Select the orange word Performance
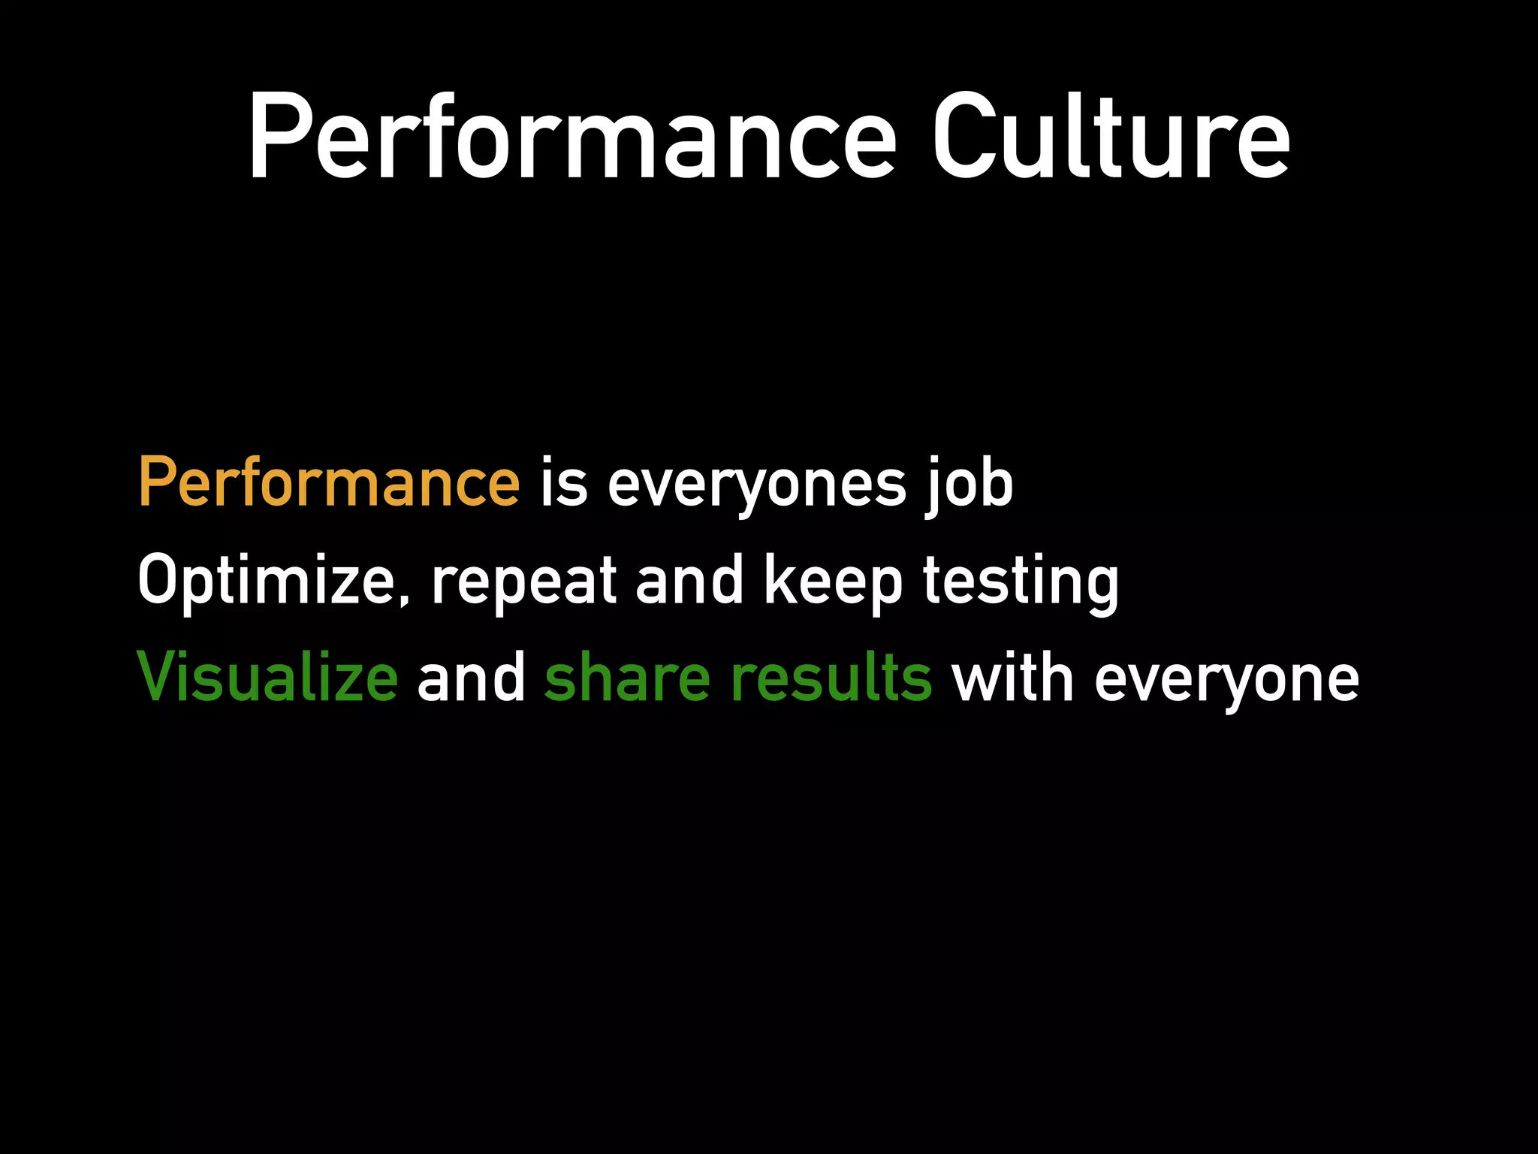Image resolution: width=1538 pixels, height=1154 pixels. click(x=328, y=482)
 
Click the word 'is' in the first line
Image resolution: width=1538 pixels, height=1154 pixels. click(x=563, y=482)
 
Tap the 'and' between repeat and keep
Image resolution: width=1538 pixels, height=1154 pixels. click(x=689, y=580)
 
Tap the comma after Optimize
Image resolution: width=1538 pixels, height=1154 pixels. click(x=406, y=600)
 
